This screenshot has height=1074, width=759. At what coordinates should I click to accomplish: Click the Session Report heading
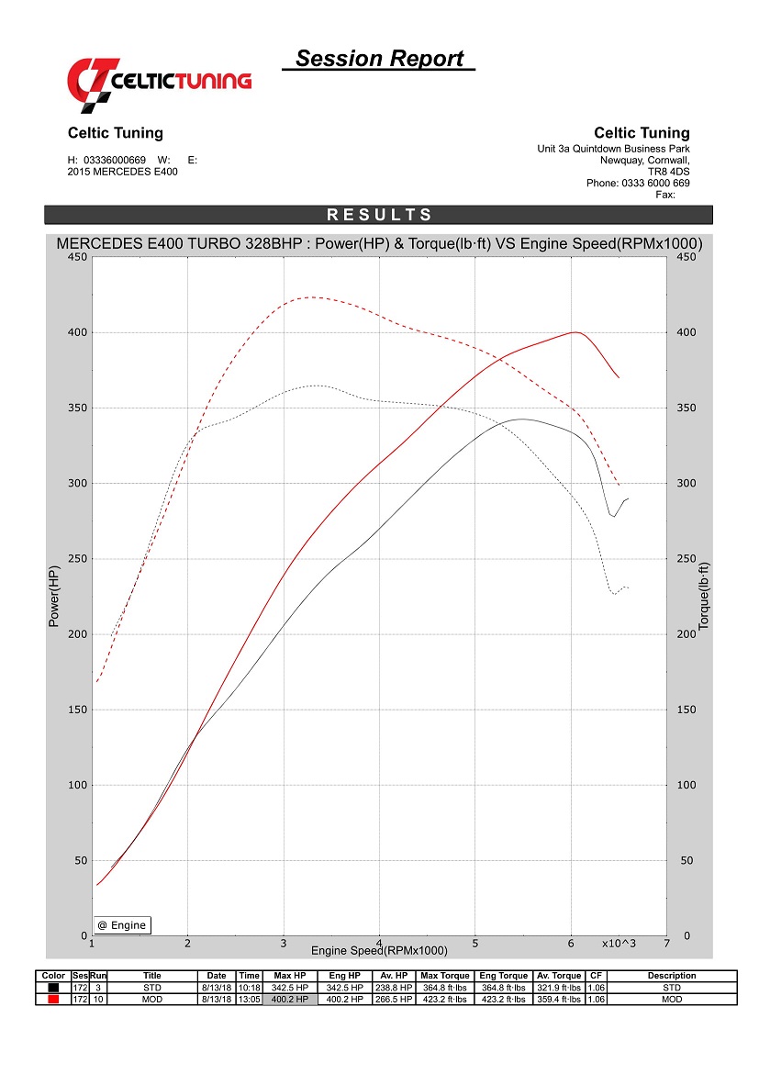tap(379, 59)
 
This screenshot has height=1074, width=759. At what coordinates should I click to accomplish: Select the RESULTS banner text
tap(379, 215)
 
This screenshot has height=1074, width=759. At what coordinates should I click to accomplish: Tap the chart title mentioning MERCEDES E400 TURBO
tap(379, 244)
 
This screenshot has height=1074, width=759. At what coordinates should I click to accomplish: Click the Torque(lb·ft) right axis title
tap(704, 596)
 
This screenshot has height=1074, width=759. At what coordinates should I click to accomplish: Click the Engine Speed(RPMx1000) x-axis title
tap(379, 950)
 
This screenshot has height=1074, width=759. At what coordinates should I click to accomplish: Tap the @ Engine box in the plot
tap(122, 925)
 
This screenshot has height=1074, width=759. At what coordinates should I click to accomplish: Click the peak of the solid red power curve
tap(575, 332)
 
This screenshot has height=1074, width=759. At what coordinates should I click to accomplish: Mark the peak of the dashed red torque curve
tap(312, 296)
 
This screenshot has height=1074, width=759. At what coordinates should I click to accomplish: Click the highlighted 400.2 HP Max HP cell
tap(289, 999)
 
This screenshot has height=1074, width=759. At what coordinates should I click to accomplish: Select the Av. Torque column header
tap(559, 976)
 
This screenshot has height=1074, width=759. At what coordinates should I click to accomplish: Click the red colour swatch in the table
tap(54, 999)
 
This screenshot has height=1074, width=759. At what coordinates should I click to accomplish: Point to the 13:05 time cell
tap(249, 999)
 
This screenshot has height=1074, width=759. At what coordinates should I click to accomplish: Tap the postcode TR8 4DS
tap(669, 171)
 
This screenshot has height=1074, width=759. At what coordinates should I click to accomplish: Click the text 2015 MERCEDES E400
tap(123, 172)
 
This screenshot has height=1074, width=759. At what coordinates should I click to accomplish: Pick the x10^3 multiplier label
tap(619, 944)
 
